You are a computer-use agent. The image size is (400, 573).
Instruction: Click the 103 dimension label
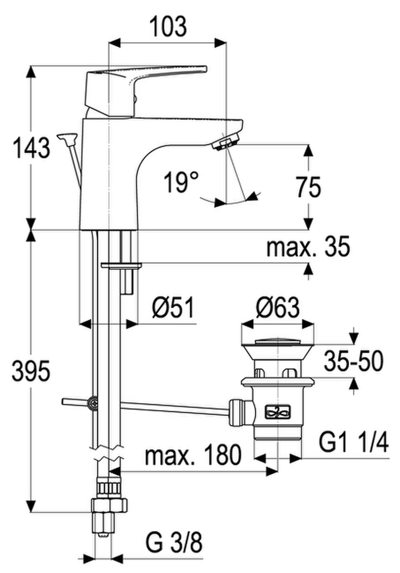(x=168, y=26)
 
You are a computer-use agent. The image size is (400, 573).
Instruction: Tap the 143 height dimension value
(x=31, y=148)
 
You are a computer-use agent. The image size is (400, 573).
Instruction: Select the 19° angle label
(x=181, y=182)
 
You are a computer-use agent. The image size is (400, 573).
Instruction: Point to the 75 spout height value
(x=309, y=187)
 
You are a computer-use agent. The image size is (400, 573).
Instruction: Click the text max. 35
(x=308, y=247)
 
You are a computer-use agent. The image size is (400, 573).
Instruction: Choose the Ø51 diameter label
(x=173, y=308)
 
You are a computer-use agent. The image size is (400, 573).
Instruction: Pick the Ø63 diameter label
(x=278, y=308)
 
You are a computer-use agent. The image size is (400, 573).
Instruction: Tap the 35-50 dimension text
(x=354, y=361)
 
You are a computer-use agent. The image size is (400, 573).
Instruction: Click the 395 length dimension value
(x=31, y=371)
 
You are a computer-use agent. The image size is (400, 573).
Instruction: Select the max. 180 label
(x=193, y=455)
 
